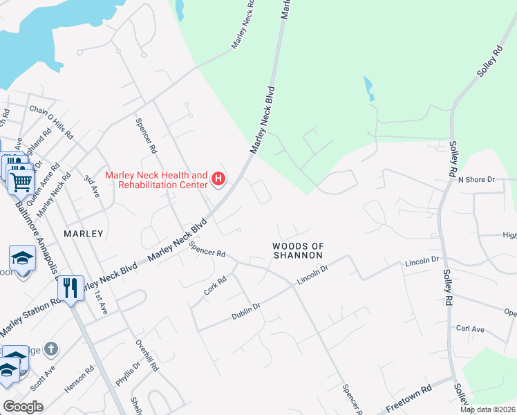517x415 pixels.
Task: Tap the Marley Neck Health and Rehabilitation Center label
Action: point(156,181)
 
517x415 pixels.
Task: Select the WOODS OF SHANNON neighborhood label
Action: point(298,250)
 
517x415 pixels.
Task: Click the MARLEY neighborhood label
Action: point(83,234)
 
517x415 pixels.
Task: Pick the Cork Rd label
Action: point(216,285)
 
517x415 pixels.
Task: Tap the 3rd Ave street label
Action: point(92,187)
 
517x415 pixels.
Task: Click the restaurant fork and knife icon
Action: point(70,287)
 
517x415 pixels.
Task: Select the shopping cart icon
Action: point(22,182)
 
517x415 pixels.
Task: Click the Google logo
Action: point(23,406)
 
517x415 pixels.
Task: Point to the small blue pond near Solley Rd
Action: point(368,88)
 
